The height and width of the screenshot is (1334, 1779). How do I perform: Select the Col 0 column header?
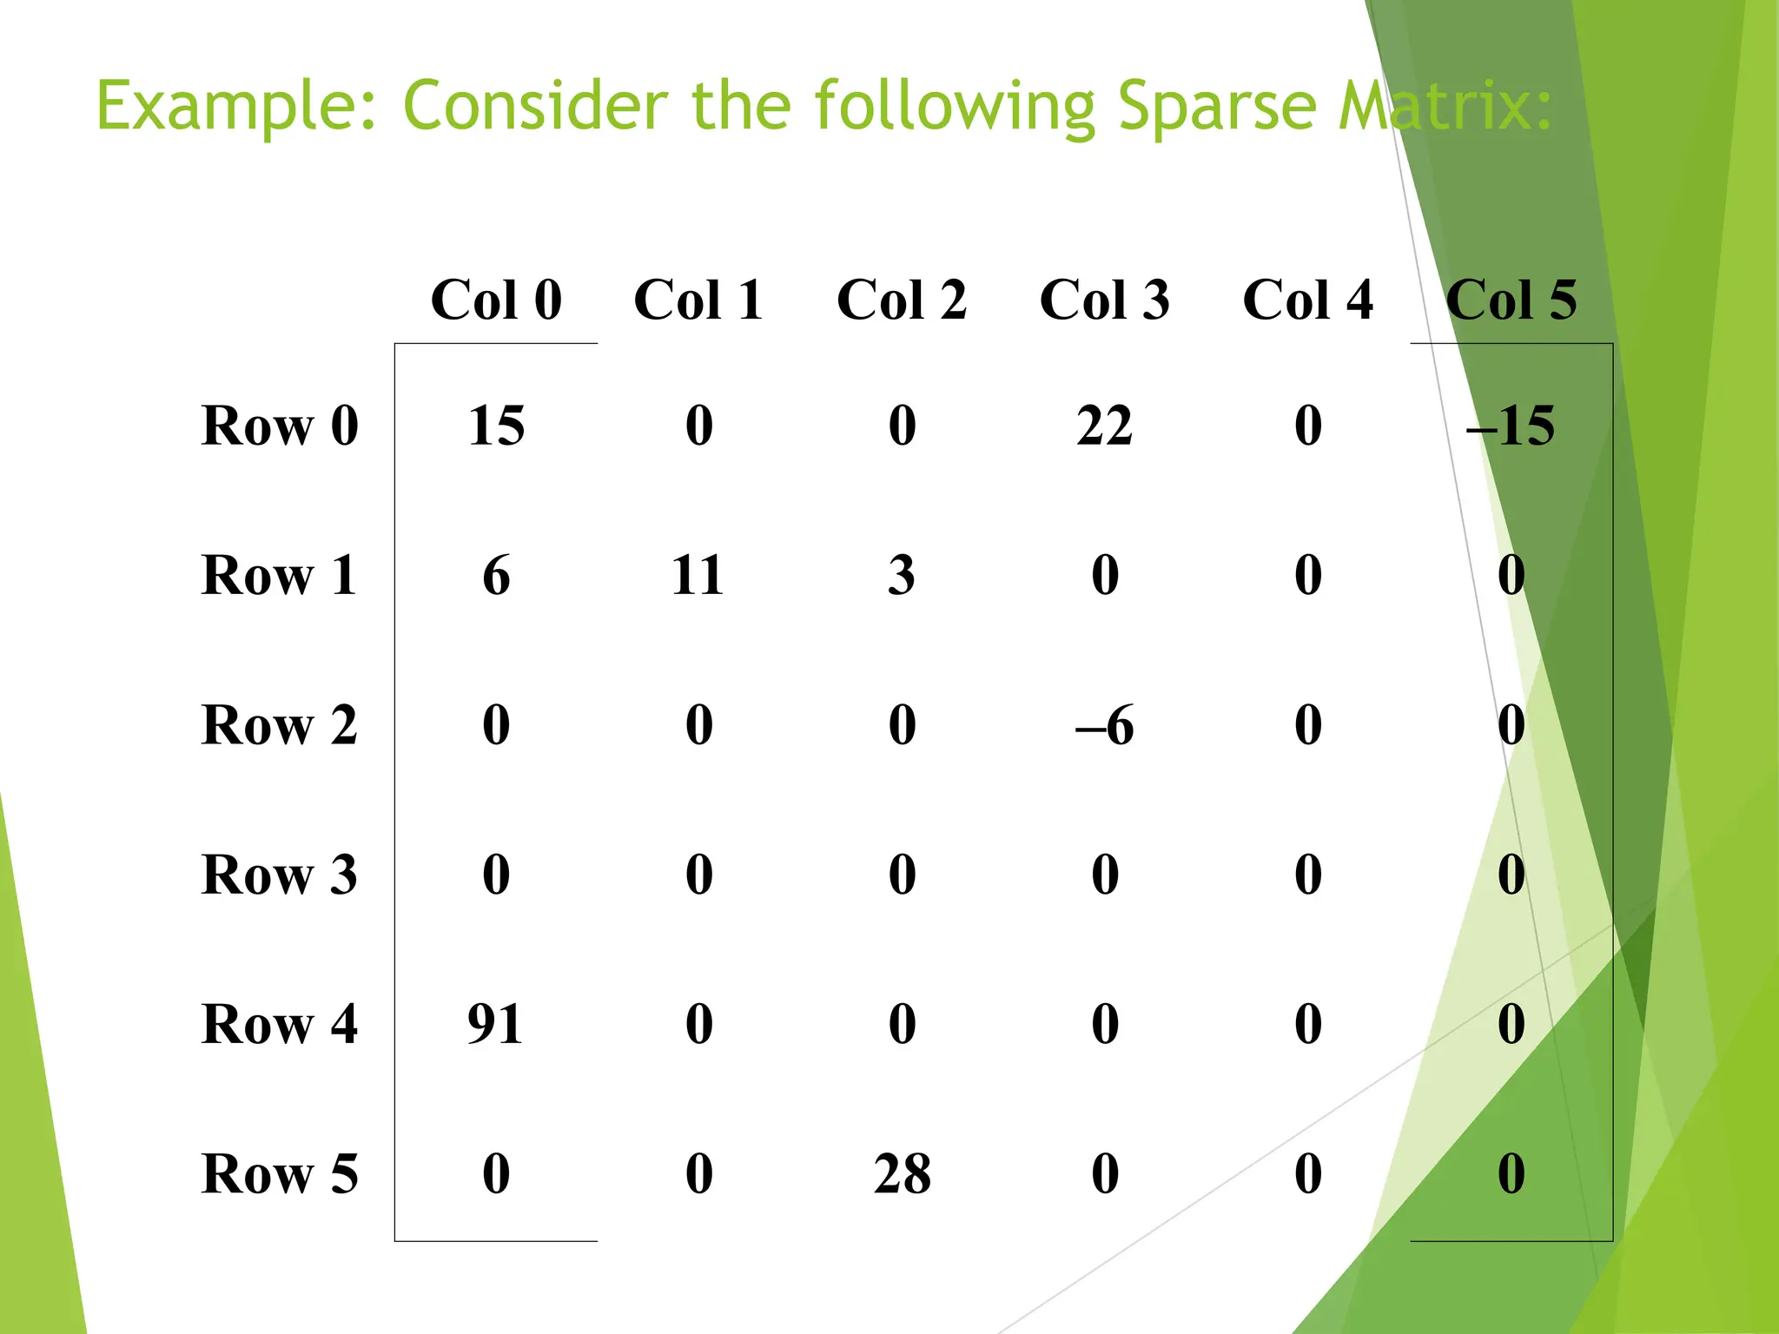[x=496, y=300]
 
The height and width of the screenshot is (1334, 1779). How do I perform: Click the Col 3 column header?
[x=1104, y=300]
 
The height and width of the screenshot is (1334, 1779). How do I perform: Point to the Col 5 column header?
[x=1511, y=300]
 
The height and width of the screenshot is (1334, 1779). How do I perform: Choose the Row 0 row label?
[x=279, y=426]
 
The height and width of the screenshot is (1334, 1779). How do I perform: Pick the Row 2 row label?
[x=279, y=724]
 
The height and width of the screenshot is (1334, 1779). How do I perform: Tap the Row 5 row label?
[x=279, y=1173]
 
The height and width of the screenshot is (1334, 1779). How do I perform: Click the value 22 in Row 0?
[x=1104, y=426]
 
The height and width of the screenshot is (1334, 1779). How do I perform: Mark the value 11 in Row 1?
[x=698, y=575]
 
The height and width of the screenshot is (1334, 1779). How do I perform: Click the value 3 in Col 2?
[x=902, y=575]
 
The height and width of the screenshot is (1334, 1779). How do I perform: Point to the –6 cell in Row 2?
[x=1104, y=724]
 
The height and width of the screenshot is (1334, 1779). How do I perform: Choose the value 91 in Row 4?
[x=495, y=1024]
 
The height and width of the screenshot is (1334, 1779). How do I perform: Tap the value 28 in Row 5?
[x=902, y=1173]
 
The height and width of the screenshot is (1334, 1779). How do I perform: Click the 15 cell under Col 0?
[x=496, y=426]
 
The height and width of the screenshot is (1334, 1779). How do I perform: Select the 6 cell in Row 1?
[x=496, y=575]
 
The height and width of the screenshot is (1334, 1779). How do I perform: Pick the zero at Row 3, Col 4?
[x=1308, y=875]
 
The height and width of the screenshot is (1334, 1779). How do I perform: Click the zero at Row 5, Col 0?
[x=496, y=1173]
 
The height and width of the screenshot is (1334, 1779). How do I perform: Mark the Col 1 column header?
[x=698, y=300]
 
